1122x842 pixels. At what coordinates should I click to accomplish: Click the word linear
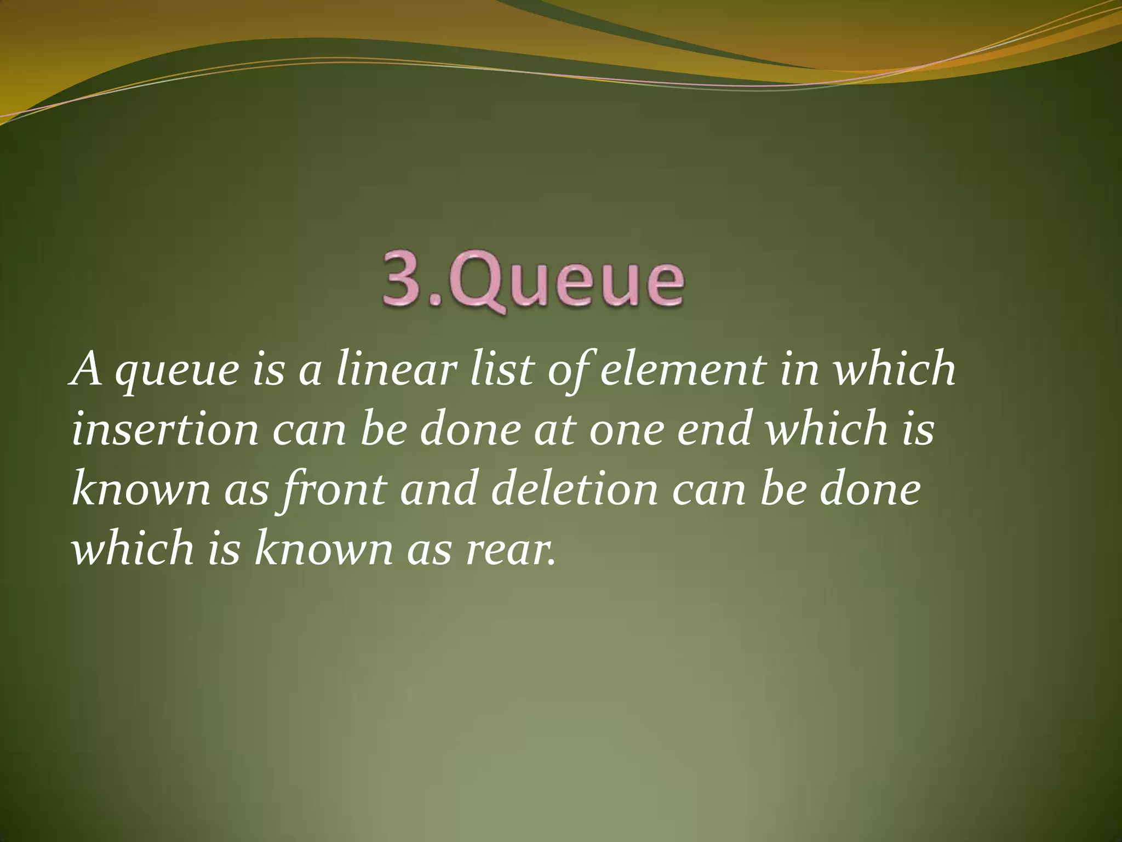click(x=395, y=369)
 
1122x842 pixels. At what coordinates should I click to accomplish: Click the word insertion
click(x=165, y=429)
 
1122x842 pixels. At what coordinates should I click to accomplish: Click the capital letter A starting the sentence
click(x=87, y=369)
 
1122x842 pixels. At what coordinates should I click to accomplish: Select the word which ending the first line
click(x=894, y=369)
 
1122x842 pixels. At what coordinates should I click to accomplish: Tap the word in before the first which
click(x=799, y=369)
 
